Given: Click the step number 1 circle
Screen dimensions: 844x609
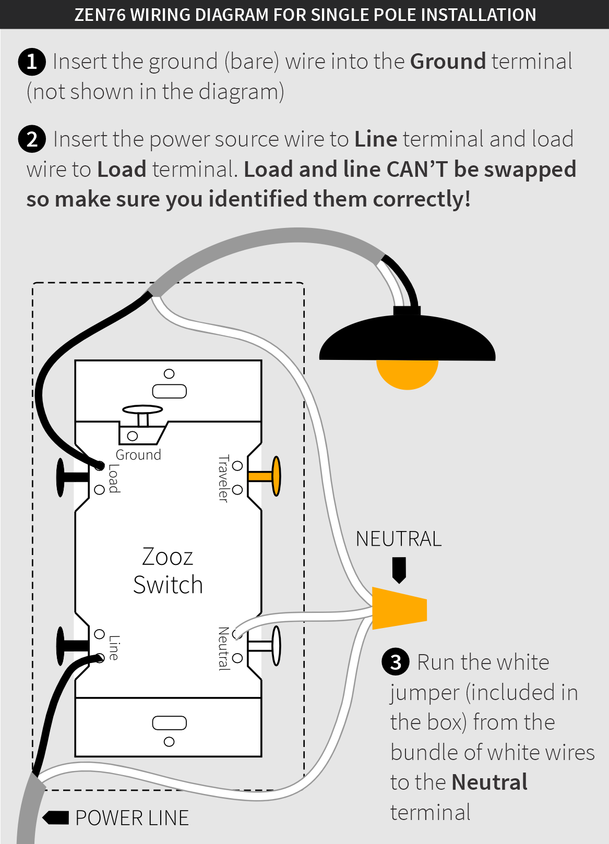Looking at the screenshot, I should click(x=32, y=62).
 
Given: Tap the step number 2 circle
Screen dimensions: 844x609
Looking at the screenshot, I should click(x=32, y=139).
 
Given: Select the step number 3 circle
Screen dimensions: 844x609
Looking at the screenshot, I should click(x=396, y=662).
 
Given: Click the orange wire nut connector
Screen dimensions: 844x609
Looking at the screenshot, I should click(x=399, y=608).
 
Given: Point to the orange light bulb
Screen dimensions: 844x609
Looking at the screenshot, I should click(x=407, y=374).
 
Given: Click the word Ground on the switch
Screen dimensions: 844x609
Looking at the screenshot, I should click(x=138, y=455).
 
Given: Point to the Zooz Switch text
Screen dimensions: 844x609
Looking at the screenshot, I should click(x=168, y=571).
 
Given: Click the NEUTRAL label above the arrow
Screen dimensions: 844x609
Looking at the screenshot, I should click(x=399, y=539).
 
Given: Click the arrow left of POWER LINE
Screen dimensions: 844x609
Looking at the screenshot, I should click(x=56, y=817).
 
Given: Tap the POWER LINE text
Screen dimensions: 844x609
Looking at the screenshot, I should click(x=132, y=818).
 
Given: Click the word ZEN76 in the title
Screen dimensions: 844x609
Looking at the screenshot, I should click(x=100, y=15).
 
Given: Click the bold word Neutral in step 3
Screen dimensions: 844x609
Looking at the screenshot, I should click(x=489, y=782).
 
